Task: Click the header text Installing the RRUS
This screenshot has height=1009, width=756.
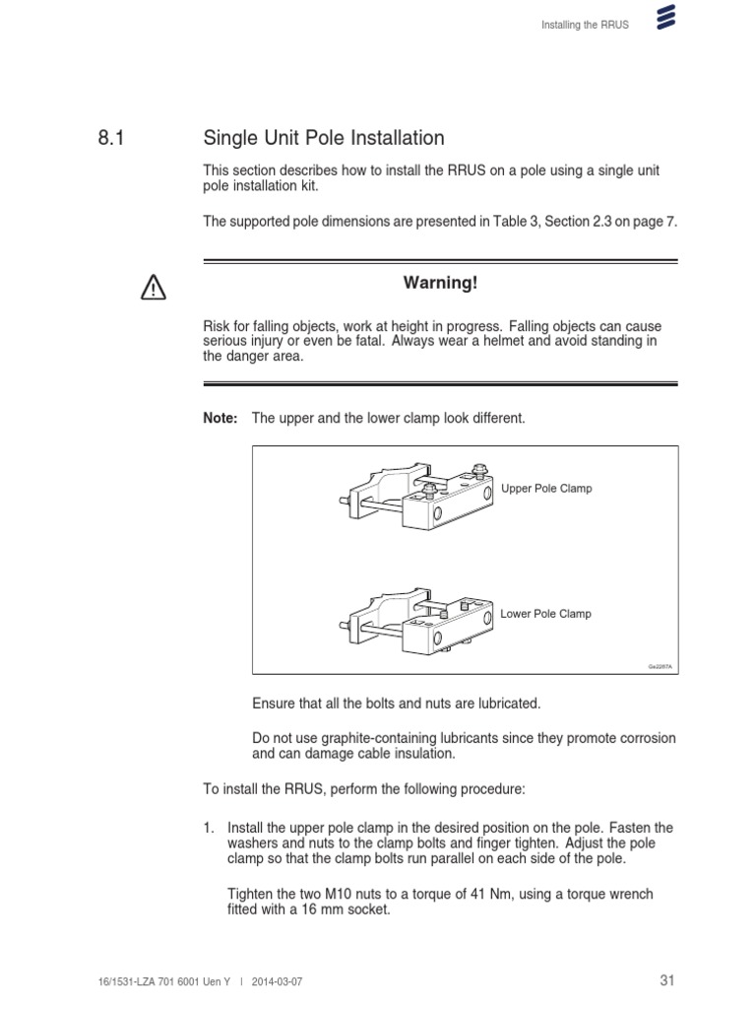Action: [x=585, y=25]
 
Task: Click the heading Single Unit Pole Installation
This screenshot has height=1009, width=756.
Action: [x=323, y=139]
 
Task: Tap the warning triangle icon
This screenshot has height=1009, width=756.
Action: [x=154, y=288]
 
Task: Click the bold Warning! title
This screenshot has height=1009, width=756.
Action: [x=440, y=284]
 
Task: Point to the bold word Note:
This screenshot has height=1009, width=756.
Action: [x=220, y=419]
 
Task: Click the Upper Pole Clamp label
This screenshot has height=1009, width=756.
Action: [x=546, y=489]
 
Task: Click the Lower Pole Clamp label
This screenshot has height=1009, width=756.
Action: [x=545, y=614]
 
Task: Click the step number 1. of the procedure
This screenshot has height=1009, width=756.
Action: [x=209, y=828]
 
